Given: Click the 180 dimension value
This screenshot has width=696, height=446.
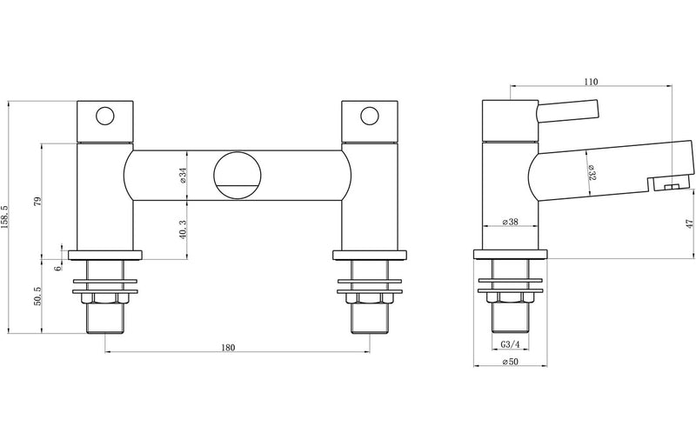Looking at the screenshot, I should coord(228,348).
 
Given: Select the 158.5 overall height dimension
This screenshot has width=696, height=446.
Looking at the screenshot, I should coord(8,217).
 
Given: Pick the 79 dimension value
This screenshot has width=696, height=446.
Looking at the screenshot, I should coord(37,202).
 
